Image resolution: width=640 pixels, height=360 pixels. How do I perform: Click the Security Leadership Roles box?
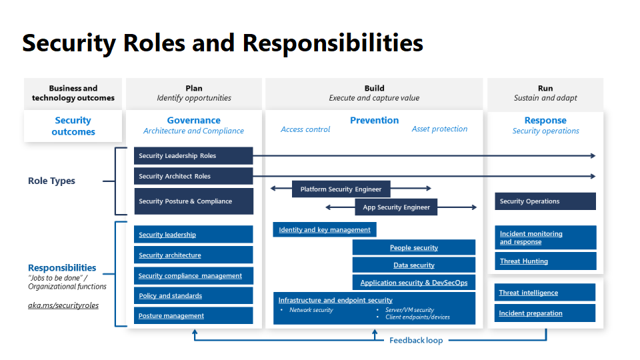click(193, 156)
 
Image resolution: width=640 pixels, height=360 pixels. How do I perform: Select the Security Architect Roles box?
click(193, 177)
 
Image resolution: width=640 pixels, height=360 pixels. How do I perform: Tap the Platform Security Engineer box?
click(341, 189)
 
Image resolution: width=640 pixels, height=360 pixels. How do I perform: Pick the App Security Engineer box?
click(396, 207)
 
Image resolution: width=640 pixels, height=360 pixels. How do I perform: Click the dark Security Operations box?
click(545, 201)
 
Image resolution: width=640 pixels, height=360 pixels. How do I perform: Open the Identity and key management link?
click(325, 230)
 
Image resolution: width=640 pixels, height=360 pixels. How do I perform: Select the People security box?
click(414, 248)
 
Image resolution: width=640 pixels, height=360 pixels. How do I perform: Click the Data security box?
click(414, 265)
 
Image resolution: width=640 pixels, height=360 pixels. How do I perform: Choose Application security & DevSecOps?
click(414, 283)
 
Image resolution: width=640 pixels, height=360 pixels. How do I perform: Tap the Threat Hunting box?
click(545, 261)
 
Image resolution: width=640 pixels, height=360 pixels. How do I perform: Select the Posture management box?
click(193, 316)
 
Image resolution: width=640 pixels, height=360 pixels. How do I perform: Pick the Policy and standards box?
click(193, 296)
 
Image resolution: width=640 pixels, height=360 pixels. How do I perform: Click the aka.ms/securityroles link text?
click(63, 305)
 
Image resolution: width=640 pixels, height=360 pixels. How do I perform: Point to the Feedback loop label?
click(416, 341)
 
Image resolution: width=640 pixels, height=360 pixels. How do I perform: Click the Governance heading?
click(193, 121)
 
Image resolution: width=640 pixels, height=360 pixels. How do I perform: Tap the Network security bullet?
click(311, 310)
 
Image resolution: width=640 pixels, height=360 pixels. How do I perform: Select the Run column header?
click(545, 88)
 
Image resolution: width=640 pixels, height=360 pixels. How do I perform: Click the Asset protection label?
click(439, 129)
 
